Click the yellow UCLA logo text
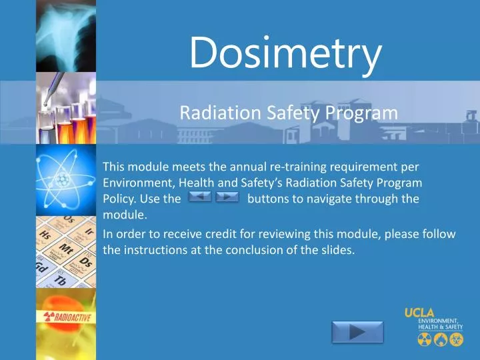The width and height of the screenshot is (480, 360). tap(419, 313)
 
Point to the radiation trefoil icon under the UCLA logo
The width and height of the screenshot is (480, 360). tap(425, 340)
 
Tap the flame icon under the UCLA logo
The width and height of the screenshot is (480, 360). tap(439, 340)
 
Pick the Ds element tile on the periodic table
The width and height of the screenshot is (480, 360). tap(85, 261)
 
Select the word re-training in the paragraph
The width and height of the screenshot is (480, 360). tap(294, 166)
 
